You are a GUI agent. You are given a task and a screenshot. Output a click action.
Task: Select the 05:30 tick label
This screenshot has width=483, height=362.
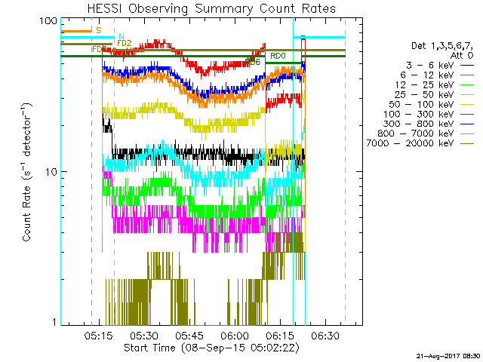tap(144, 336)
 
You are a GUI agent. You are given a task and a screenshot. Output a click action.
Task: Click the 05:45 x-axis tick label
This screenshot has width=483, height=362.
tap(189, 336)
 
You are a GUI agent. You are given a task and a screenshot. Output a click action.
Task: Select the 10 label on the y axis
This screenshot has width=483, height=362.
tap(51, 172)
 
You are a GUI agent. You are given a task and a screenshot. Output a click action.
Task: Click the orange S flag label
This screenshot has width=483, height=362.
tap(98, 29)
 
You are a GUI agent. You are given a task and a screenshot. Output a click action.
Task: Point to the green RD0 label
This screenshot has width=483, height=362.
tap(277, 56)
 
